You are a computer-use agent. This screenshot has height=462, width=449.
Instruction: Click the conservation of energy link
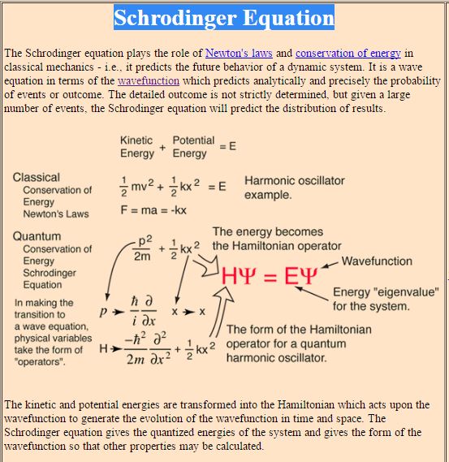[x=348, y=53]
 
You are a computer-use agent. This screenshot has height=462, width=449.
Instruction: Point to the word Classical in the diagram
[x=37, y=177]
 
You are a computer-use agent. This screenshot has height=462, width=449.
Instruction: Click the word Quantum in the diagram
[x=37, y=236]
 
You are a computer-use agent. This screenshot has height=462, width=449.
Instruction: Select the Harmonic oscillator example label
[x=294, y=188]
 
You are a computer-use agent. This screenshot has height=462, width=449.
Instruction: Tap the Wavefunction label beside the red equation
[x=377, y=261]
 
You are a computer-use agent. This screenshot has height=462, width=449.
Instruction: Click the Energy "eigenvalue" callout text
[x=386, y=299]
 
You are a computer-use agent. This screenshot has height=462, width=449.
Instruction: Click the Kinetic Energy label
[x=136, y=147]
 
